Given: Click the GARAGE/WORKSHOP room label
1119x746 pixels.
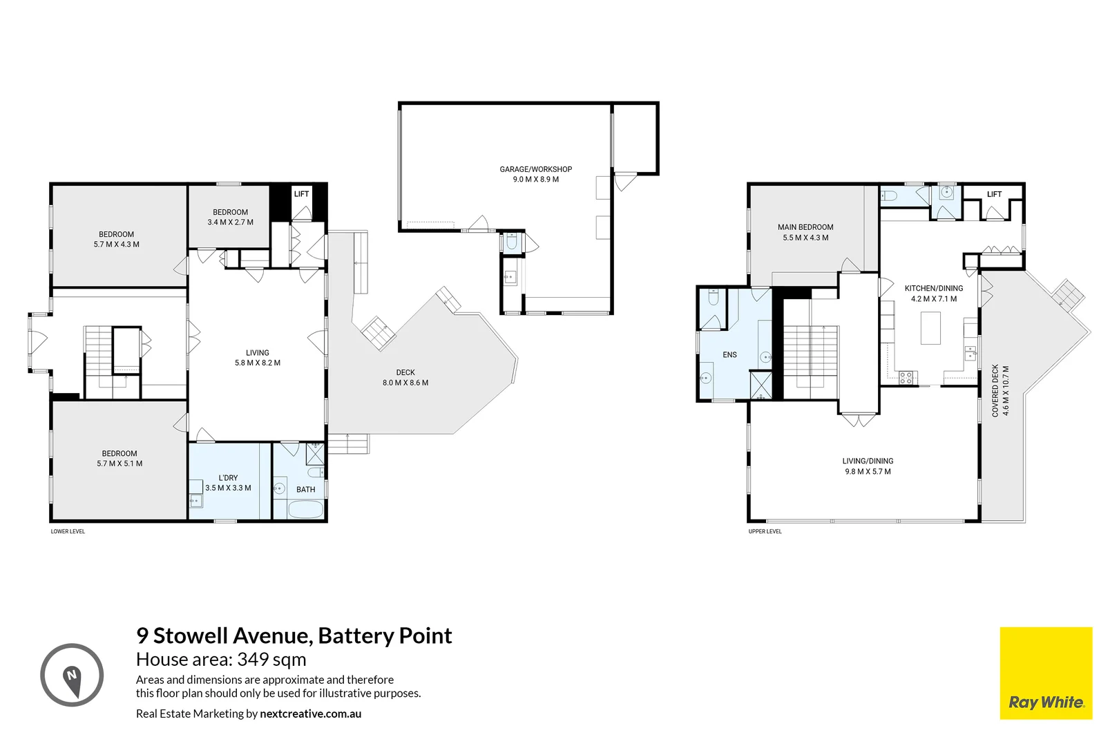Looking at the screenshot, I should [x=535, y=169].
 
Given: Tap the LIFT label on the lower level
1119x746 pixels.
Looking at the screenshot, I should [x=301, y=194].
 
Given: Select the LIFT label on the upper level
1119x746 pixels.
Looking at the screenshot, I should [x=994, y=194].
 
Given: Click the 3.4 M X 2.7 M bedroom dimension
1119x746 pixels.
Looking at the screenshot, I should [x=230, y=222].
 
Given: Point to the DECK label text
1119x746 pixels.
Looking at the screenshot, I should [x=405, y=372].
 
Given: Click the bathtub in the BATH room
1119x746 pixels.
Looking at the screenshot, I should [x=305, y=510].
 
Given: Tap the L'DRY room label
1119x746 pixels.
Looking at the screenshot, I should [x=228, y=478].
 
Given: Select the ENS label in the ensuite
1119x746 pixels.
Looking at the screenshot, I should [x=729, y=355].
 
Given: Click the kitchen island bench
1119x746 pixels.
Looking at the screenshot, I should [x=930, y=328].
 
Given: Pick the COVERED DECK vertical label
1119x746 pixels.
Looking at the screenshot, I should [x=995, y=390].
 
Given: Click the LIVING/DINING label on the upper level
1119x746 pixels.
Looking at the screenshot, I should [x=868, y=461].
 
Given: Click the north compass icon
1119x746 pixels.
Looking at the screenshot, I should [x=72, y=675].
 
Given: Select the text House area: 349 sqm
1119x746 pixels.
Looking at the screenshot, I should [x=221, y=660].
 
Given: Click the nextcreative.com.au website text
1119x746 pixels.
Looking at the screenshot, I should [x=310, y=714].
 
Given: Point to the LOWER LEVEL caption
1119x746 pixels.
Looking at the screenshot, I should [x=68, y=531].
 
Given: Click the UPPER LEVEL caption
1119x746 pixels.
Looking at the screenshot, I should [x=765, y=531].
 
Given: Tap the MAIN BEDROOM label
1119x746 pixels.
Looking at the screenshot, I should [x=805, y=227].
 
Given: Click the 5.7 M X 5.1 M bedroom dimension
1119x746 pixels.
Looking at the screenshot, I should [x=119, y=464].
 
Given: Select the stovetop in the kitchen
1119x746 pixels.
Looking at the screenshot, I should [x=906, y=377].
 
